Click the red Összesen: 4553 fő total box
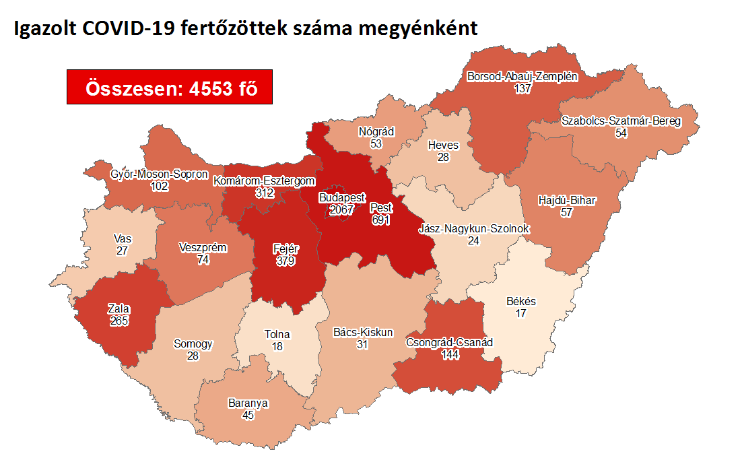coord(170,87)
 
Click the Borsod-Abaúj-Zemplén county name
coord(522,77)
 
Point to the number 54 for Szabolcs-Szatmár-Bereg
coord(621,133)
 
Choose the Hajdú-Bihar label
coord(568,201)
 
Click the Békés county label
coord(521,301)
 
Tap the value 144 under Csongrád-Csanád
coord(449,354)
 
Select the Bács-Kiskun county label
coord(363,332)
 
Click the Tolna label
coord(277,334)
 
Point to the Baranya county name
coord(248,403)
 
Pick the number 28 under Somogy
coord(193,356)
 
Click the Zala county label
coord(119,308)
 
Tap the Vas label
coord(123,238)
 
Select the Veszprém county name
coord(203,247)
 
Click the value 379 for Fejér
coord(285,261)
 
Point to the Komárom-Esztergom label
coord(264,180)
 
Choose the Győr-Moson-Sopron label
coord(159,174)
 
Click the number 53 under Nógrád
coord(376,143)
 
